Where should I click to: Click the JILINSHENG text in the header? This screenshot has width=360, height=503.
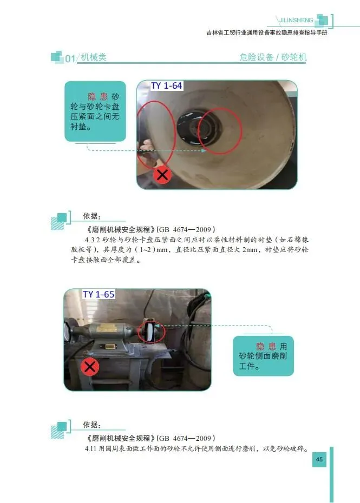[x=296, y=20]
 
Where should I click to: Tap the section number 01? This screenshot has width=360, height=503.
[x=70, y=59]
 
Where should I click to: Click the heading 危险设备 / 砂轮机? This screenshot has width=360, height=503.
[x=273, y=57]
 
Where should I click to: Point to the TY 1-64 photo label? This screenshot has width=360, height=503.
[x=167, y=85]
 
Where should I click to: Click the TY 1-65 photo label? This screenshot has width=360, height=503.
[x=99, y=294]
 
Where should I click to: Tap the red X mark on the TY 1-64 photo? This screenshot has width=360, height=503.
[x=162, y=175]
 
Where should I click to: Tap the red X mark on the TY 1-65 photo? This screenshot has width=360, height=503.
[x=90, y=367]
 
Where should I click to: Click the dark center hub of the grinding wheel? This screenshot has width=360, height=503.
[x=193, y=128]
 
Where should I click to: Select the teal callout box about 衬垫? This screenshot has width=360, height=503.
[x=95, y=111]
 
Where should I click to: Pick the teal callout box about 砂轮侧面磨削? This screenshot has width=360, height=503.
[x=263, y=356]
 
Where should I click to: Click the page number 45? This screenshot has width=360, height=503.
[x=319, y=459]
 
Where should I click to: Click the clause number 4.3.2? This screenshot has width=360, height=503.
[x=93, y=240]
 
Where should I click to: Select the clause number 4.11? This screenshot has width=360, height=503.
[x=90, y=448]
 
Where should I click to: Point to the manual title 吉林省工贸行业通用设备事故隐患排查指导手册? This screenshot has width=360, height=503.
[x=266, y=32]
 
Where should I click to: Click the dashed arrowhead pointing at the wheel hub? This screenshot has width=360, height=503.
[x=204, y=150]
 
